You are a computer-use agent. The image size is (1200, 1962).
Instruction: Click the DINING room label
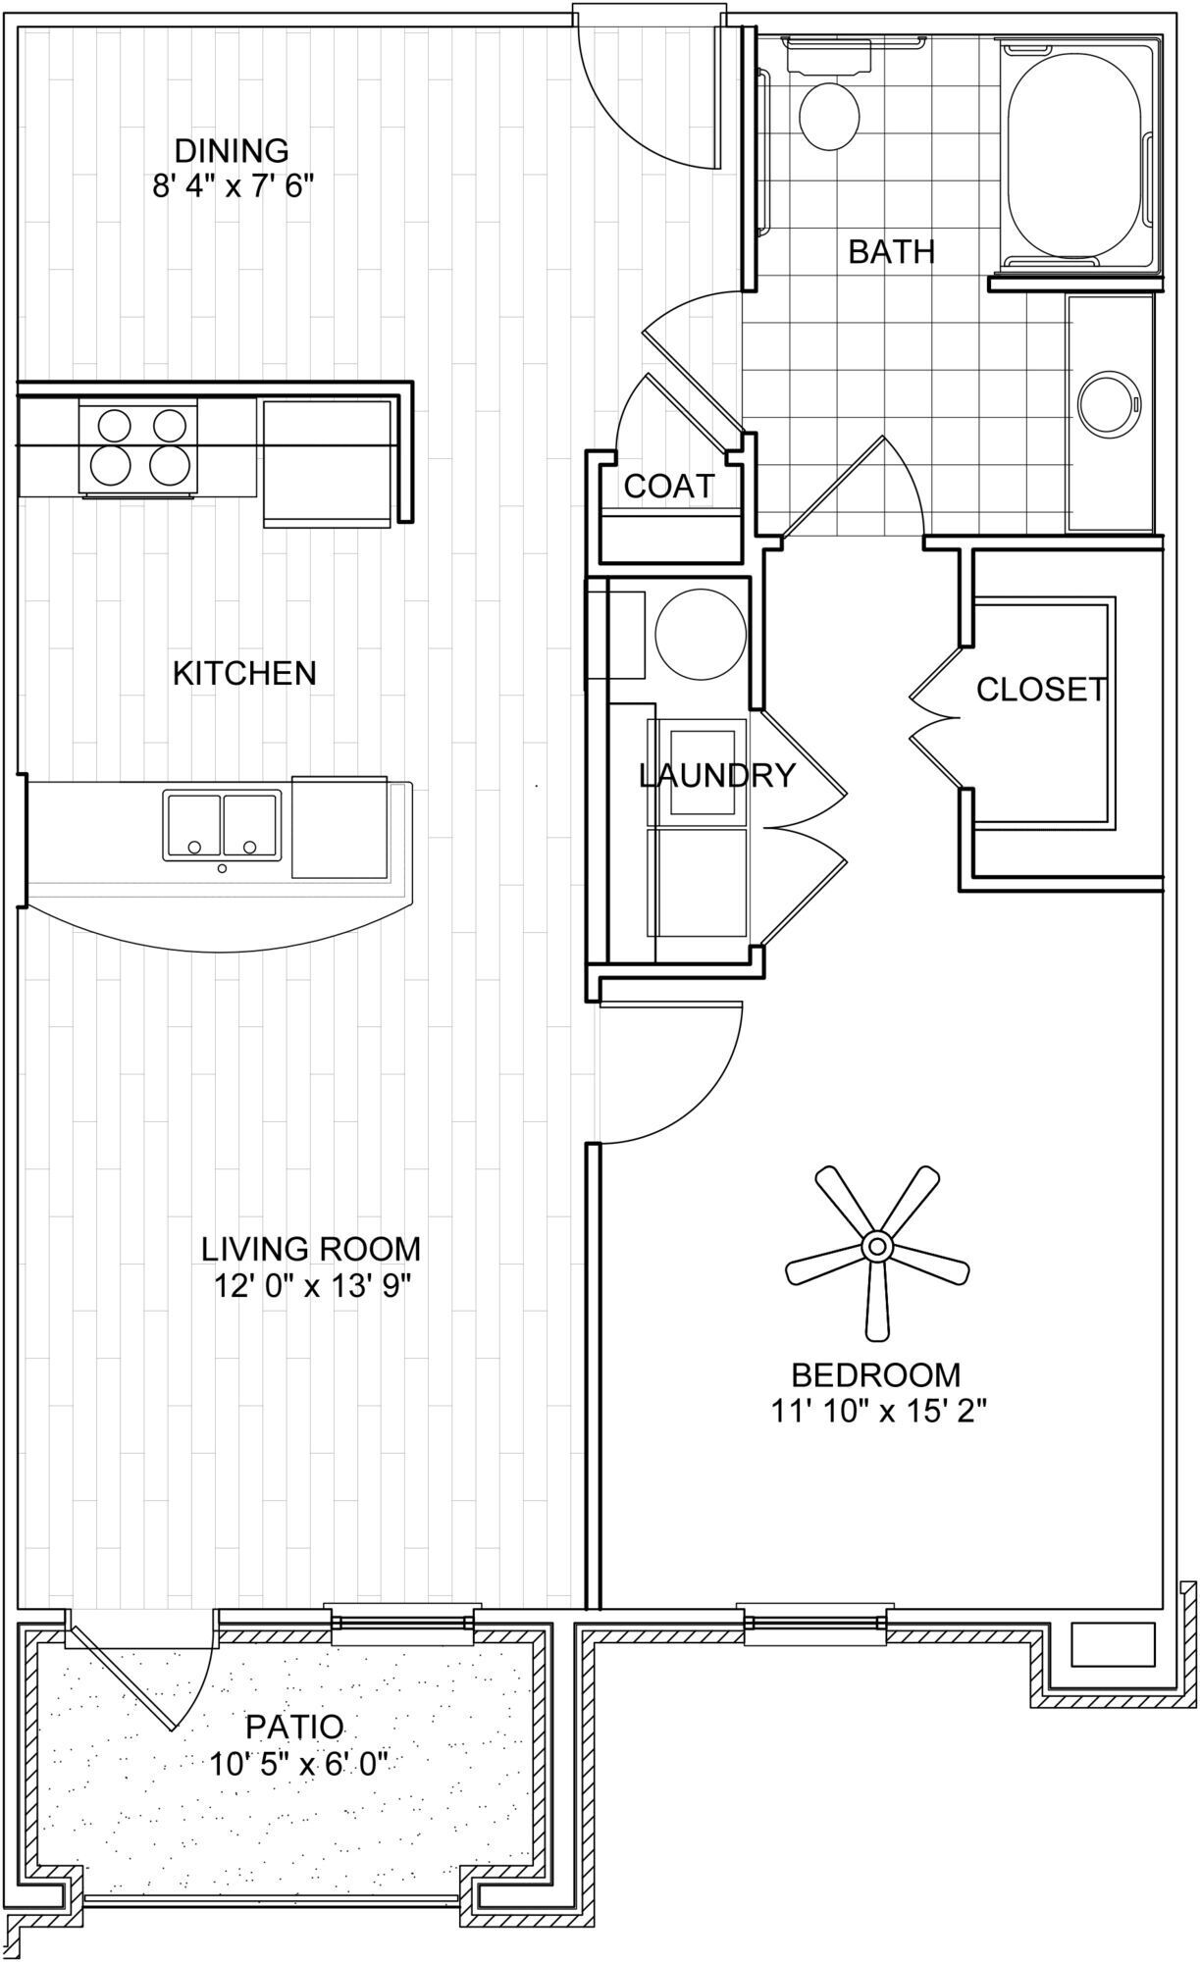[x=232, y=151]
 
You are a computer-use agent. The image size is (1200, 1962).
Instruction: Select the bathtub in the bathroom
[x=1074, y=157]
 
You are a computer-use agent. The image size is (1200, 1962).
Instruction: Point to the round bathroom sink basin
[x=1110, y=404]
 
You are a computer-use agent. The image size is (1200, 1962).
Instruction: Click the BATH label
[x=891, y=252]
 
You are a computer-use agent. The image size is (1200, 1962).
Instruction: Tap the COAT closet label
[x=669, y=486]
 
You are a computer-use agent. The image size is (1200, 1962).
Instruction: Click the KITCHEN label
[x=244, y=673]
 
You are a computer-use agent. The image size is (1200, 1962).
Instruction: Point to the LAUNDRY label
[x=716, y=776]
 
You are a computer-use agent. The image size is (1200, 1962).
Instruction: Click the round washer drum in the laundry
[x=700, y=630]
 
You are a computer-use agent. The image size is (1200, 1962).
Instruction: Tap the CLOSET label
[x=1041, y=690]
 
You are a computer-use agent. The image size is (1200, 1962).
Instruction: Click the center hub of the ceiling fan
[x=876, y=1248]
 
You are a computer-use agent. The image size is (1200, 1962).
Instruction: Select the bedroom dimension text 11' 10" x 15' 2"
[x=877, y=1411]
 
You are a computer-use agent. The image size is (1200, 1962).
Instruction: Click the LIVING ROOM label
[x=310, y=1249]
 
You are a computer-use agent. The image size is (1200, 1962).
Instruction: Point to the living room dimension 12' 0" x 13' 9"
[x=310, y=1285]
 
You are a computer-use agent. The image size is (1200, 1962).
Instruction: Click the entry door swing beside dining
[x=652, y=98]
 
